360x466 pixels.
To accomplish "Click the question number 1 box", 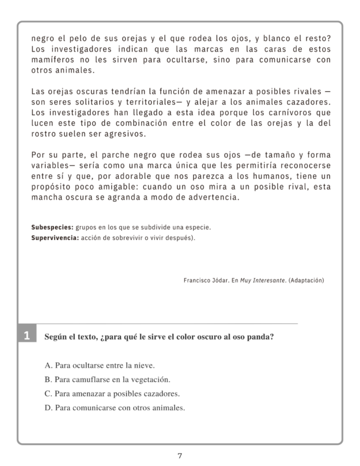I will pyautogui.click(x=26, y=336).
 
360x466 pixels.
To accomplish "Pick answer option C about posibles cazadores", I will pyautogui.click(x=112, y=393).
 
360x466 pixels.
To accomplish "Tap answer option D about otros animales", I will pyautogui.click(x=115, y=408).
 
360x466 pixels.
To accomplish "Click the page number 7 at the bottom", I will pyautogui.click(x=180, y=456).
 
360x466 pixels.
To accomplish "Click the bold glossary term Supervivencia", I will pyautogui.click(x=55, y=237).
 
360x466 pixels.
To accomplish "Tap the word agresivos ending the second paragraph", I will pyautogui.click(x=121, y=134).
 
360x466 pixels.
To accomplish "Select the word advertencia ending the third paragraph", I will pyautogui.click(x=206, y=197).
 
